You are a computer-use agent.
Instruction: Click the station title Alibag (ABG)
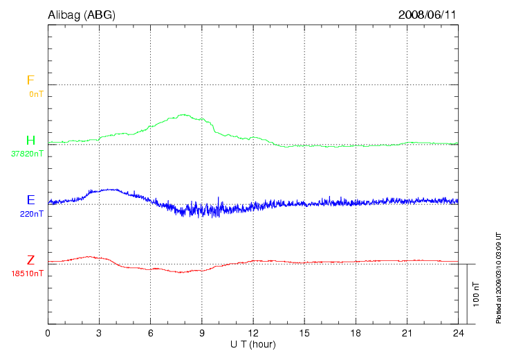82,15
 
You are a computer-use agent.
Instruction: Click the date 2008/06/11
427,15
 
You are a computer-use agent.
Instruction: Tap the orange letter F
30,80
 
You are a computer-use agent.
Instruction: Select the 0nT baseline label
35,93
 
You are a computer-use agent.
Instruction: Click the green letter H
30,141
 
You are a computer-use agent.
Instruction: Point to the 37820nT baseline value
27,154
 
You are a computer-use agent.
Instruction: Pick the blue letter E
30,200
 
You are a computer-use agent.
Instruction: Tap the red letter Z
30,260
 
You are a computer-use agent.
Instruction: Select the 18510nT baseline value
27,273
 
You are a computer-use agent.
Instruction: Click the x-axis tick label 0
48,333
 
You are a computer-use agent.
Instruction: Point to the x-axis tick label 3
99,333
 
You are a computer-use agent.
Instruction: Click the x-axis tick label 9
201,333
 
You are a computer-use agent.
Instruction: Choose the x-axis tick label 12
252,333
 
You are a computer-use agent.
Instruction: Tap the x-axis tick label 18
356,333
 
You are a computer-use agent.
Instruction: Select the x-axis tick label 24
458,333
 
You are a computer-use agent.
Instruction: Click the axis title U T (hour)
253,344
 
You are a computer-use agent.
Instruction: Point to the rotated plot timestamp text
498,278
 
